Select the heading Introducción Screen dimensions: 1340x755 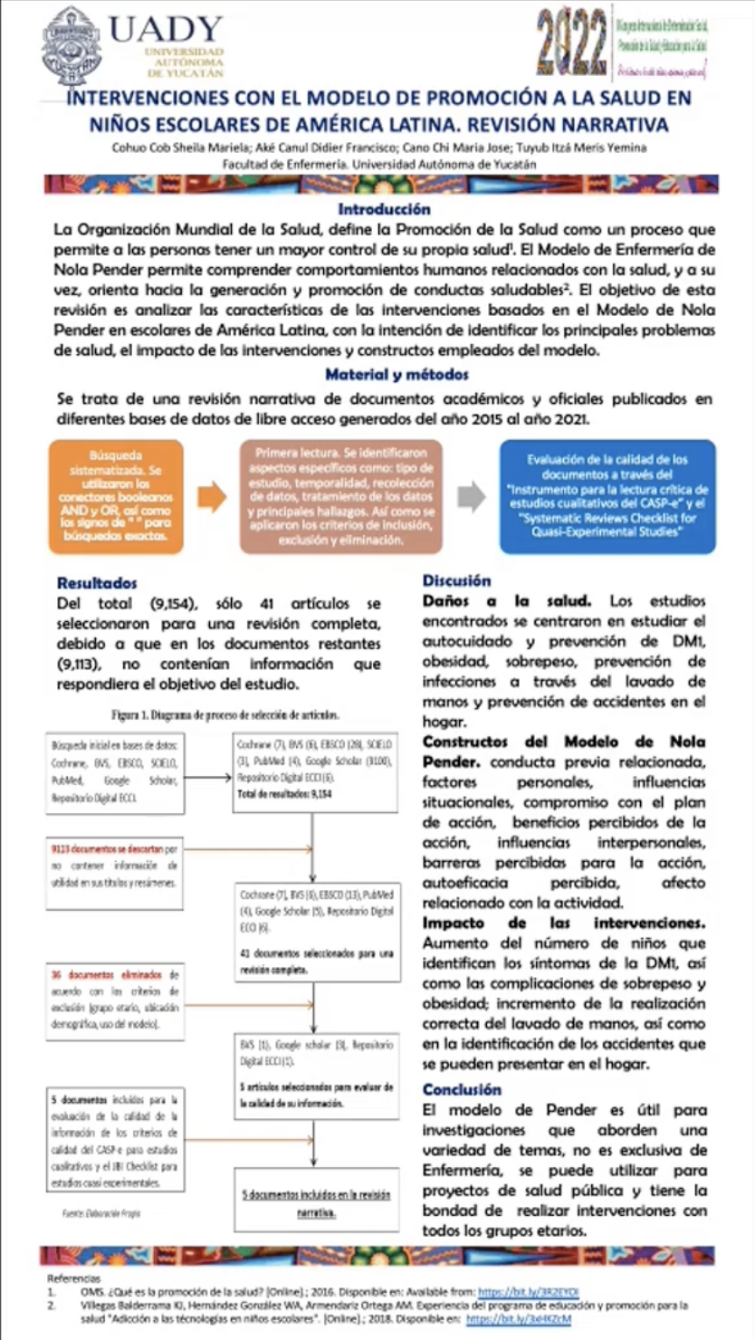(377, 209)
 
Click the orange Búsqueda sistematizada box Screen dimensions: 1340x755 (116, 496)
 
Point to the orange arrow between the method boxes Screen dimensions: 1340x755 (212, 496)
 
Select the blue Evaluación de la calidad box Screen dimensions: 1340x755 (607, 496)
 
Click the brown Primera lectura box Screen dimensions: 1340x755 (340, 496)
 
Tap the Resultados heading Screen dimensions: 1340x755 (97, 584)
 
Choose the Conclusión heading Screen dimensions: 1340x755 (462, 1089)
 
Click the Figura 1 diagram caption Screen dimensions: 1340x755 (225, 713)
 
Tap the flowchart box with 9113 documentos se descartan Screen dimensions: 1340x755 (113, 866)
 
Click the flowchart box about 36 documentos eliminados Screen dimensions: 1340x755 (113, 1000)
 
